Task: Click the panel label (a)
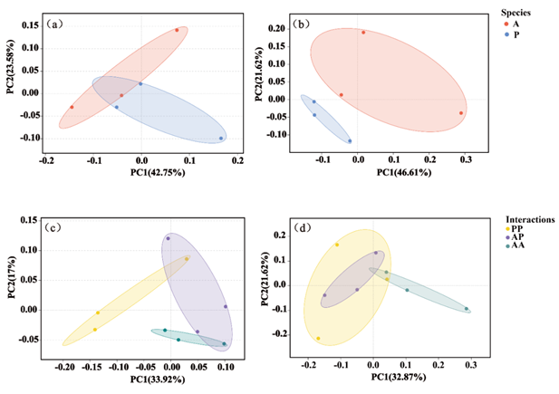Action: [x=54, y=24]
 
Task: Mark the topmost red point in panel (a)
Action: [x=177, y=30]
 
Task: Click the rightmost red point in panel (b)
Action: [x=461, y=113]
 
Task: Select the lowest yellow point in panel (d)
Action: [x=319, y=339]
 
